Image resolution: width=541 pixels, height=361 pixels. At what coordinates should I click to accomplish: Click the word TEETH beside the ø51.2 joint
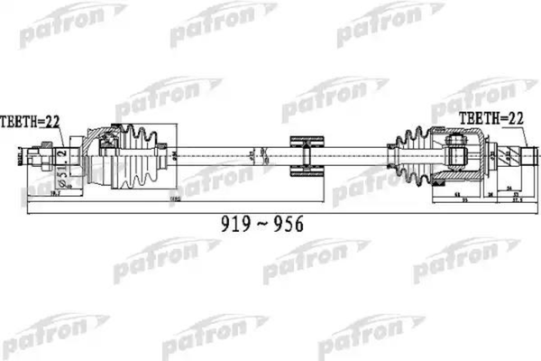(18, 120)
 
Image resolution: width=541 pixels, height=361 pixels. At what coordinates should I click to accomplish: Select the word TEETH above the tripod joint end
(476, 118)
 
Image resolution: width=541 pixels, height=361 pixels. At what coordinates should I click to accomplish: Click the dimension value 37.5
(516, 201)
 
